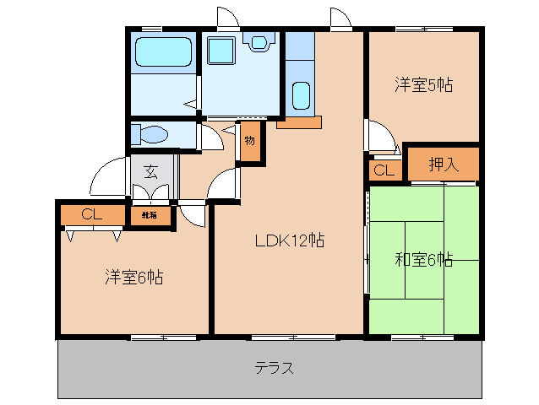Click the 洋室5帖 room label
coord(423,84)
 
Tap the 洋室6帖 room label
coord(134,276)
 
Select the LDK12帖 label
coord(290,240)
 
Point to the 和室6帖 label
coord(423,259)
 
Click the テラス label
coord(275,368)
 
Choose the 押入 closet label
coord(443,165)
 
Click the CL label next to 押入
coord(384,170)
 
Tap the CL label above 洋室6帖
coord(92,214)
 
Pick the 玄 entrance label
coord(150,172)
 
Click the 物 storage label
coord(250,141)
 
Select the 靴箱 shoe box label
coord(149,216)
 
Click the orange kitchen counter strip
coord(298,122)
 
